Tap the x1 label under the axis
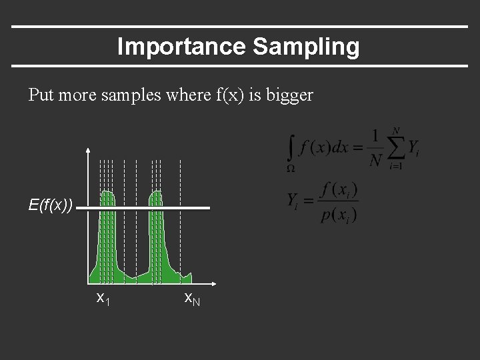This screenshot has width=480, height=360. [x=103, y=298]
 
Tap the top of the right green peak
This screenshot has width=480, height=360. [x=156, y=193]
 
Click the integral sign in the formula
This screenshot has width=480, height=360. [x=291, y=147]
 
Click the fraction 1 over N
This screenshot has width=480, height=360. [x=375, y=147]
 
